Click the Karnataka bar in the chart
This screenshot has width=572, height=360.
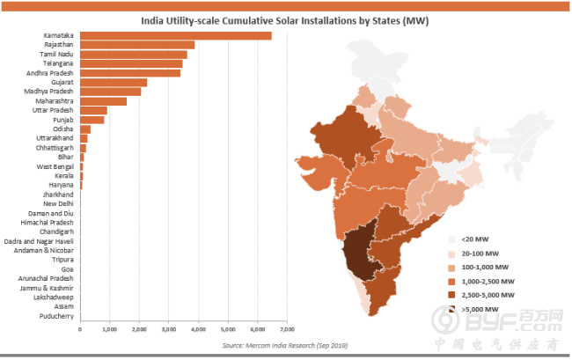pos(176,35)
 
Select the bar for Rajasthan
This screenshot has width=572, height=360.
pos(137,45)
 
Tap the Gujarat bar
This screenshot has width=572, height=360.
pos(114,82)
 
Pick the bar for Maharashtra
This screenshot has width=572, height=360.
pos(104,101)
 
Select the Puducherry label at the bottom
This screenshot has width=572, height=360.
pos(55,316)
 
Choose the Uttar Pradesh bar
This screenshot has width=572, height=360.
pos(94,110)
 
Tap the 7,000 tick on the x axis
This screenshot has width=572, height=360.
pos(287,330)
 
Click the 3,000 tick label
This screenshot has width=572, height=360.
pos(169,330)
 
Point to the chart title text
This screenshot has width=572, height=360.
pos(285,20)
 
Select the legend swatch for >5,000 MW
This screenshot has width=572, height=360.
pos(451,310)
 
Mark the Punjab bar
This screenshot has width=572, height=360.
pos(92,120)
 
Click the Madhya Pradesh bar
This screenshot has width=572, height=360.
pos(111,92)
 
